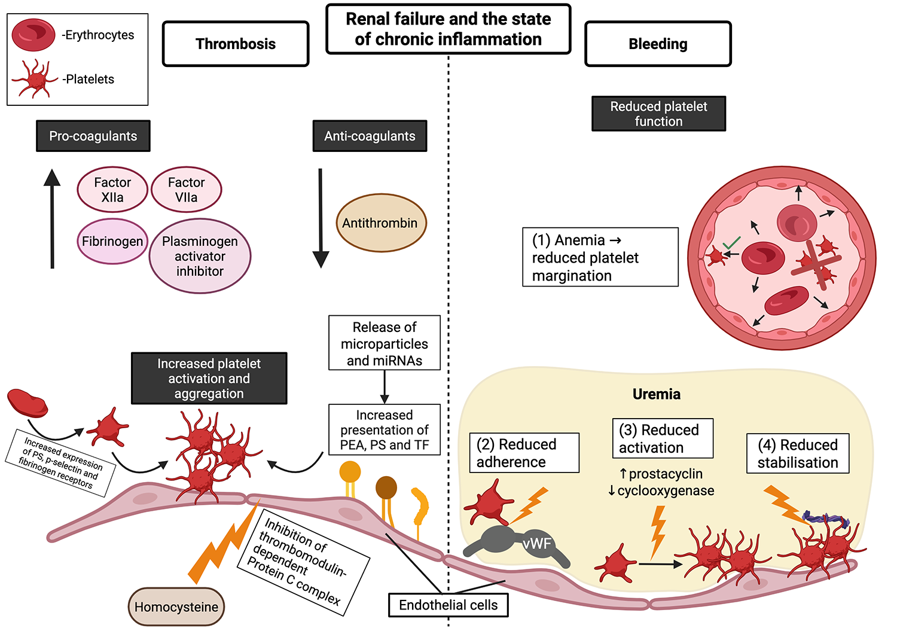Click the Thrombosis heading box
pos(236,44)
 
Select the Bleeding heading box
pos(658,44)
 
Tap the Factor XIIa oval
pos(112,190)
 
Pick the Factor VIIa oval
pos(187,190)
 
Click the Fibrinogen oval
pos(112,242)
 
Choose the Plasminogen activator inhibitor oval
pos(200,256)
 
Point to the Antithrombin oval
pos(381,223)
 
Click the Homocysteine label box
pos(176,607)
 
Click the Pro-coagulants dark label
pos(93,136)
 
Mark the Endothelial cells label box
pos(448,605)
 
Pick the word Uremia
pos(656,394)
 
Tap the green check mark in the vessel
pos(731,243)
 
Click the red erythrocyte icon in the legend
pos(33,35)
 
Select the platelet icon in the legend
pos(35,78)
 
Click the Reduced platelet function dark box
pos(658,114)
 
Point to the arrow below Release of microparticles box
pos(385,387)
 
